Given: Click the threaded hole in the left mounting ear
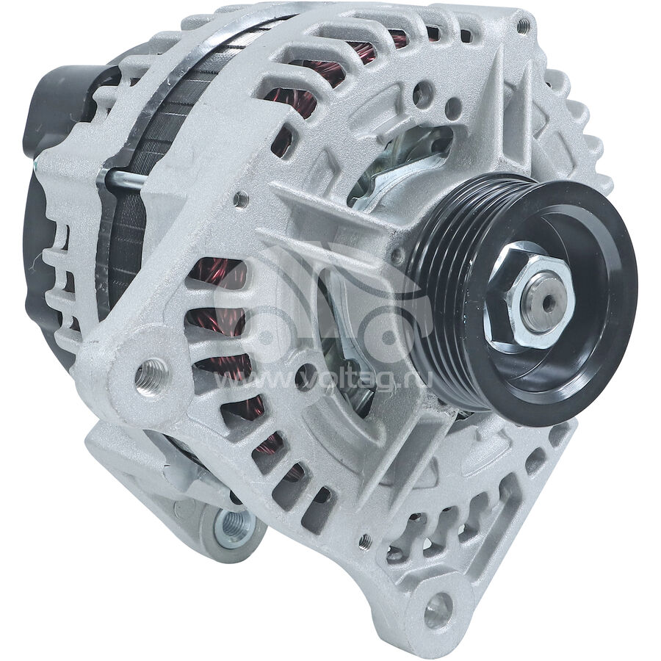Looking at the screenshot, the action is click(151, 377).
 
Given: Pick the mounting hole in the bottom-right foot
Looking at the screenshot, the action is click(438, 610).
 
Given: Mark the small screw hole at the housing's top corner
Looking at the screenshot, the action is click(522, 26).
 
